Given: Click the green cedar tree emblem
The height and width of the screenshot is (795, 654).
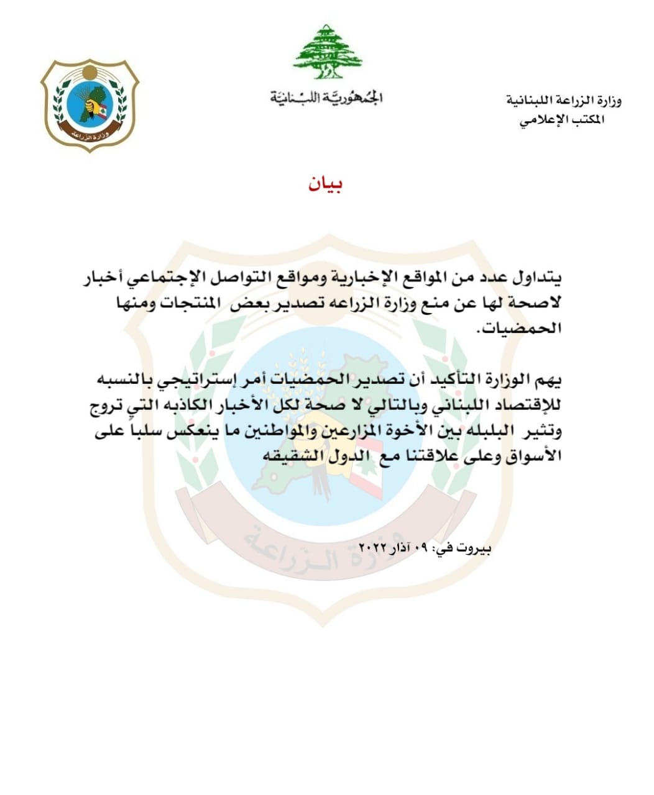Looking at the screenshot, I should [327, 52].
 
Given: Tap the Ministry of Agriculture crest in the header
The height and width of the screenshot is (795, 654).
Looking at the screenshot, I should [90, 104].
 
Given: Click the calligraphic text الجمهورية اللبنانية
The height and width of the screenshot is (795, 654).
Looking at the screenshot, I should [326, 98].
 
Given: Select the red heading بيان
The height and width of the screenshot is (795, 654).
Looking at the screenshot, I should [326, 184].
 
